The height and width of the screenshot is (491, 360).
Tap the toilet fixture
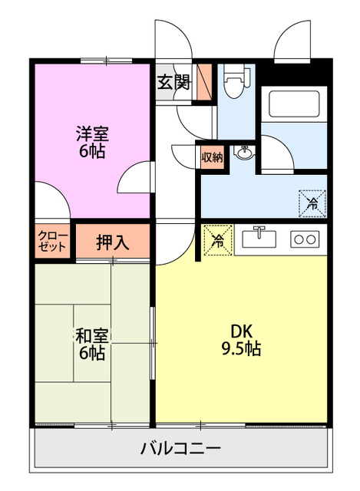(x=235, y=83)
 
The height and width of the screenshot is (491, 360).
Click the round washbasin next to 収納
(x=245, y=154)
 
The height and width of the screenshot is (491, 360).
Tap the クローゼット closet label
(x=52, y=242)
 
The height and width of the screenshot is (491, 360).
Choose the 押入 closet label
(x=112, y=242)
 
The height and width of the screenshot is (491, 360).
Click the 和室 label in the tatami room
(x=91, y=336)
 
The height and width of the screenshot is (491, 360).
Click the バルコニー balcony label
(x=180, y=449)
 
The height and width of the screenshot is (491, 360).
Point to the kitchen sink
(x=259, y=239)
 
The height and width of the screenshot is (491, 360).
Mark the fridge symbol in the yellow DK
(x=217, y=240)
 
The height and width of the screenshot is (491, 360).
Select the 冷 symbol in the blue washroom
(x=312, y=203)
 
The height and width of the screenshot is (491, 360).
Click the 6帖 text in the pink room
(x=91, y=150)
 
